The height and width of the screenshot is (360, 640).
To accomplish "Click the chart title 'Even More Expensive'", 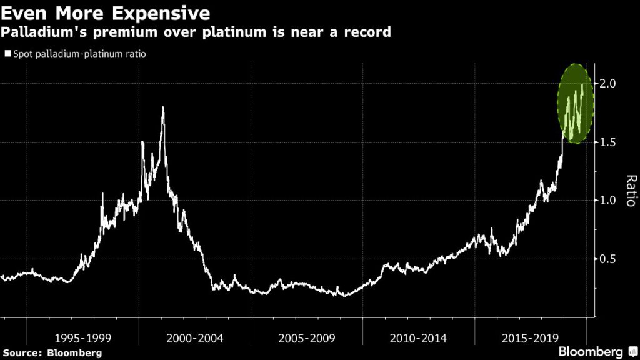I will click(106, 12).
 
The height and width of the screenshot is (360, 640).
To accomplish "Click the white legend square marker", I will click(7, 54).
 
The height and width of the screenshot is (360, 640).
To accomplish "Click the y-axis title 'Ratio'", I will click(629, 191).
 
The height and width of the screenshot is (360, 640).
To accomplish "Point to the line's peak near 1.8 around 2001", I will click(163, 107).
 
